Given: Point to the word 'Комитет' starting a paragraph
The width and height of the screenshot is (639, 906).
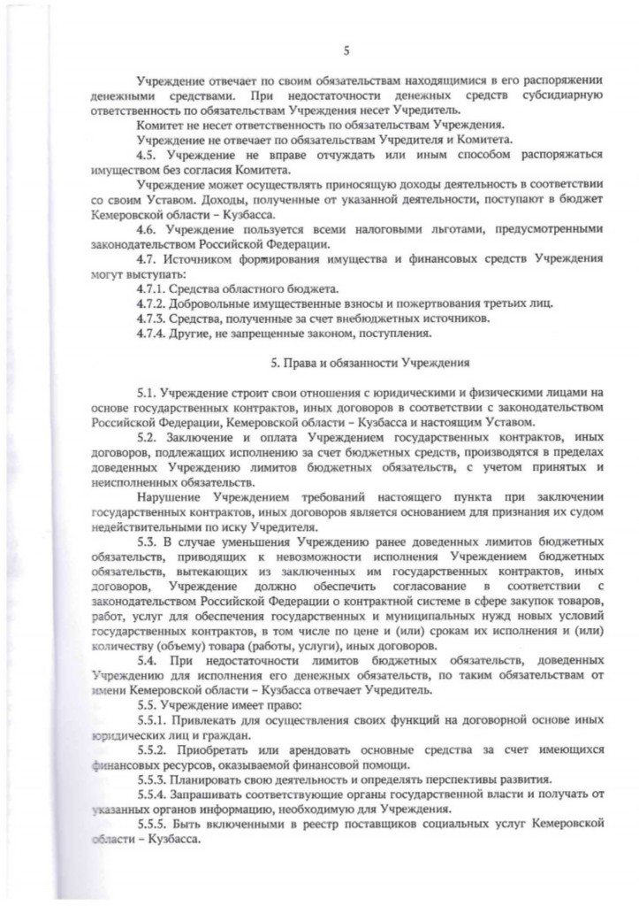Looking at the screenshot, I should [x=159, y=125].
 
